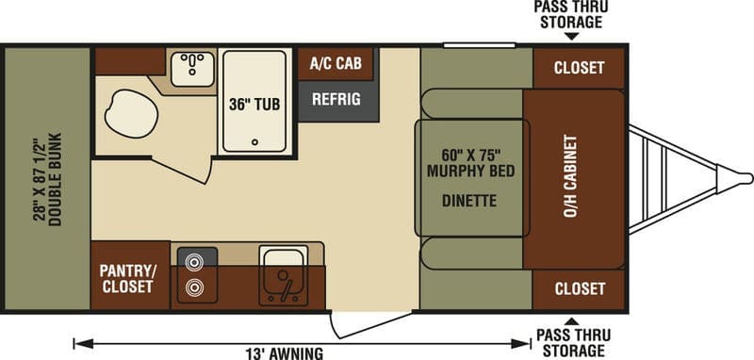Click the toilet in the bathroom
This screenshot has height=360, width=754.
point(131,113)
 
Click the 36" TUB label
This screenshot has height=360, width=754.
point(254,105)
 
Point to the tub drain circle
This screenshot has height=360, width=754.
point(254,141)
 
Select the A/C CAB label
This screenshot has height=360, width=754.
point(336,63)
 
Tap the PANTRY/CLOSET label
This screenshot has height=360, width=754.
point(128,279)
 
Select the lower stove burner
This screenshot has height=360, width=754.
point(194,287)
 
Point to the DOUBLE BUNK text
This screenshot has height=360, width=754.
point(56,179)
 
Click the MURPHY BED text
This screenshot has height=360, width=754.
point(470,172)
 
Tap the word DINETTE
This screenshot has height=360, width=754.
point(469,201)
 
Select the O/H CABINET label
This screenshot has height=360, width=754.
point(570,176)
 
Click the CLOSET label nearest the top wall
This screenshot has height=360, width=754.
point(579,68)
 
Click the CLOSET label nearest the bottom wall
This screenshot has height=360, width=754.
point(580,289)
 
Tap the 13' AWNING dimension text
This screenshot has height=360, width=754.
point(285,353)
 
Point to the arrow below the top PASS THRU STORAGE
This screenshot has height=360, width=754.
point(571,37)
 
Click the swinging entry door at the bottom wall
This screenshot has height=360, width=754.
point(371,324)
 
